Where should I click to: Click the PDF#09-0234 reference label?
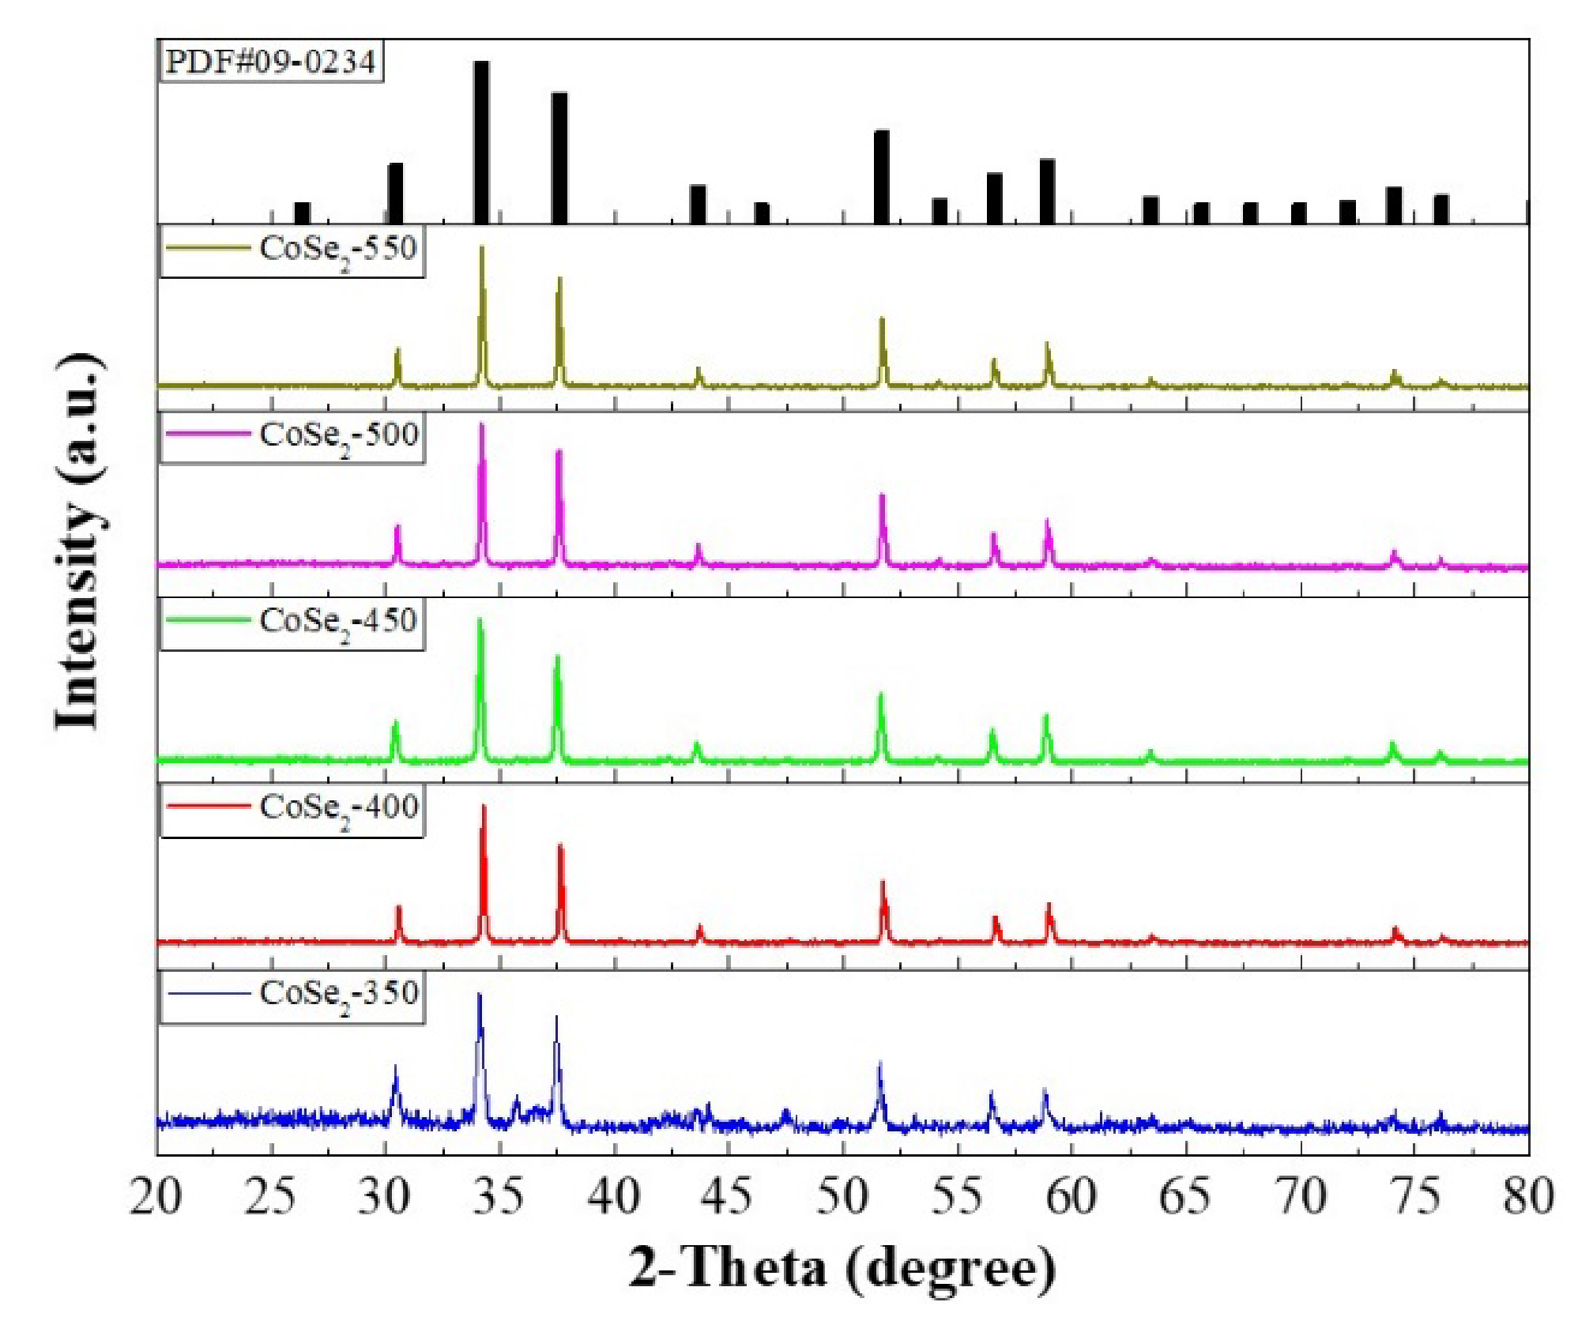click(270, 62)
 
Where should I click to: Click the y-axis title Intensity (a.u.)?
click(80, 542)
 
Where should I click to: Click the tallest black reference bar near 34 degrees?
click(481, 142)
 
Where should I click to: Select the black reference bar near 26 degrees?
click(302, 213)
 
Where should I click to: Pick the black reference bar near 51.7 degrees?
click(882, 177)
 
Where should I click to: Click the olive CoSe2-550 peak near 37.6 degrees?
click(559, 281)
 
